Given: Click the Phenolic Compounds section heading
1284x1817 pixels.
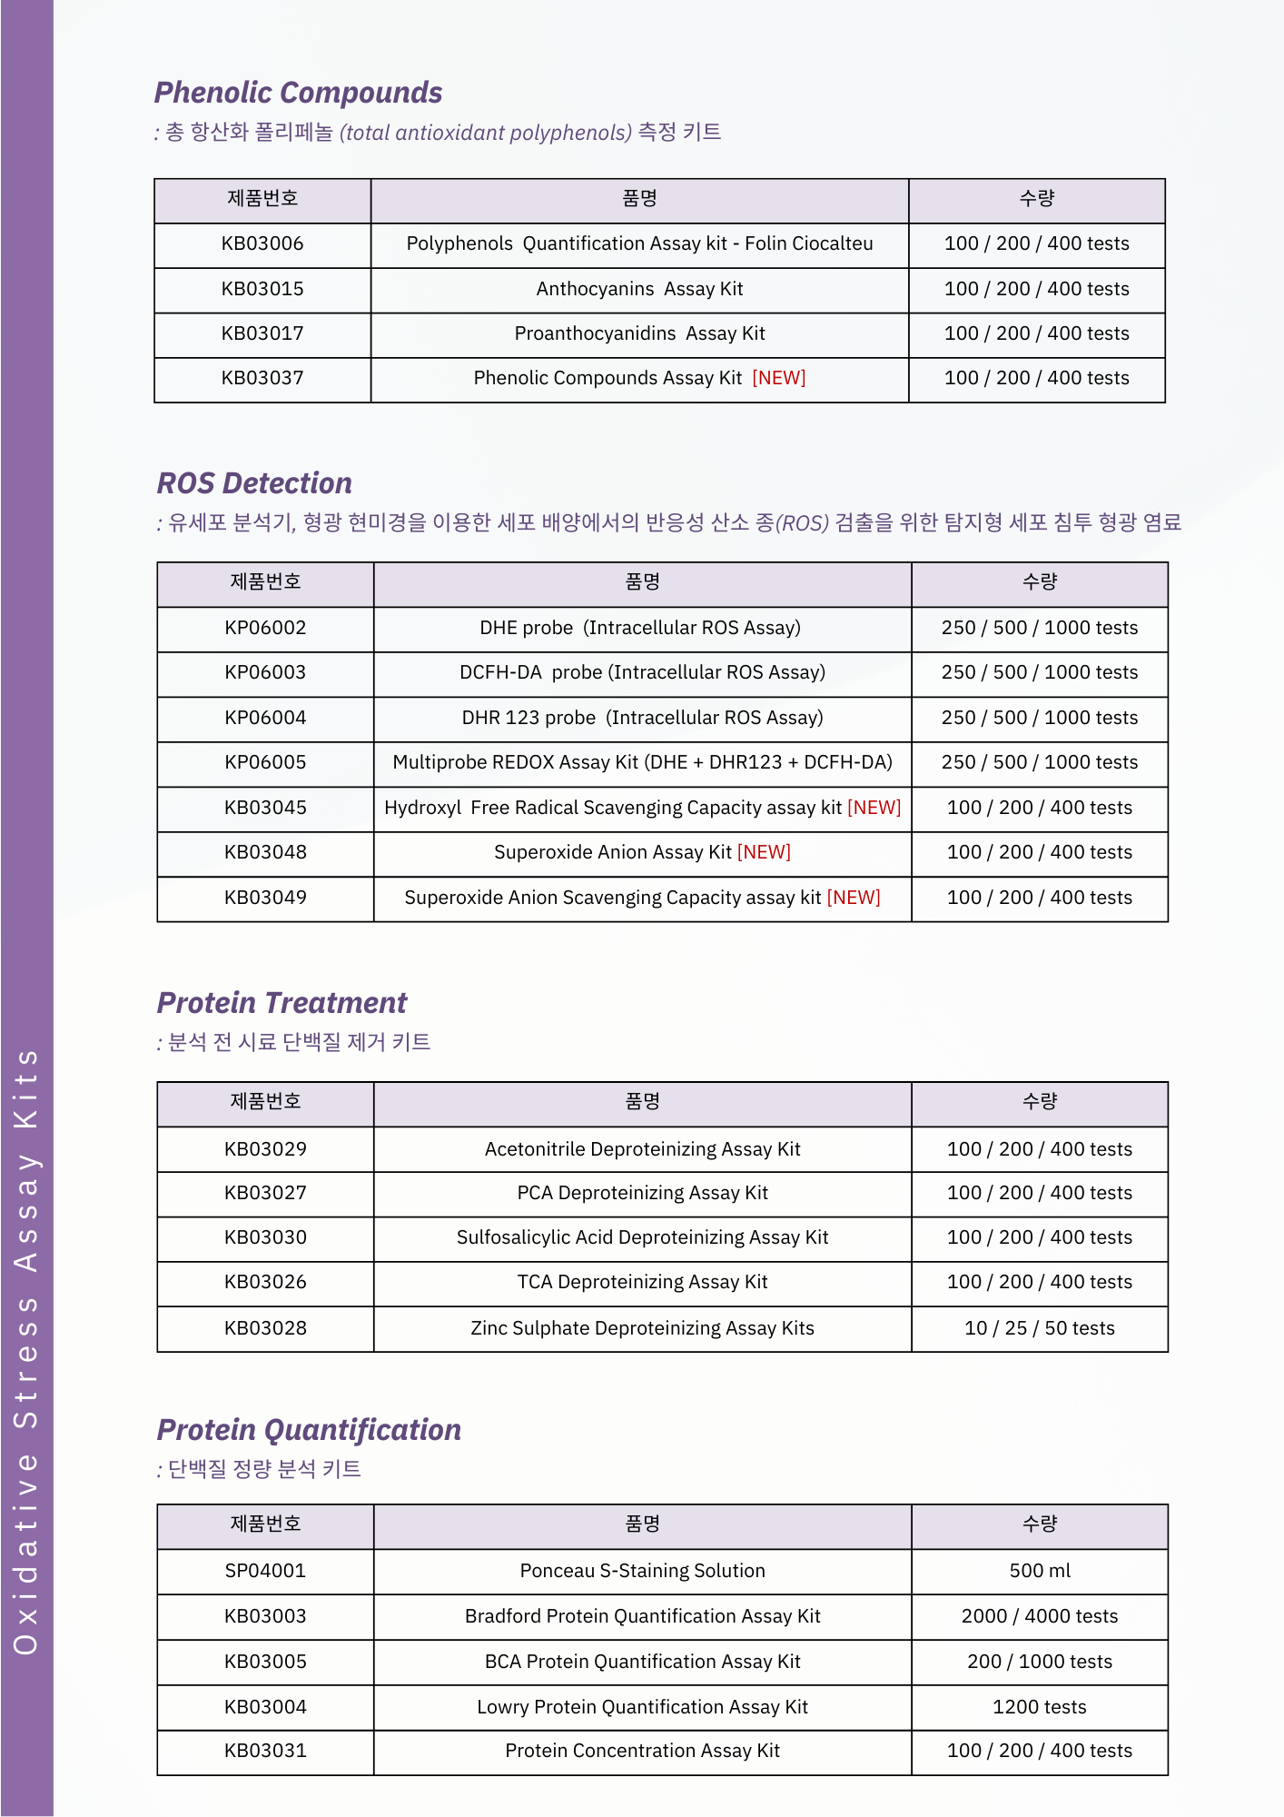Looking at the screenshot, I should [x=298, y=93].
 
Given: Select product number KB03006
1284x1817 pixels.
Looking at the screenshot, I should [x=262, y=243].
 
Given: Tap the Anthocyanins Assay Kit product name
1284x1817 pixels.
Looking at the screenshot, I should [x=639, y=289].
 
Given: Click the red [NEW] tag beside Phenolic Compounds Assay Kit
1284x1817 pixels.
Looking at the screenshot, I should [x=778, y=378].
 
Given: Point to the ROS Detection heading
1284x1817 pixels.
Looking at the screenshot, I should [x=254, y=483].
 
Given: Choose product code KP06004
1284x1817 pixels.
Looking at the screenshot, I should [x=265, y=718].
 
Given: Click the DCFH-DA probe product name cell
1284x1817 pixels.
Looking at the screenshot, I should [x=642, y=672].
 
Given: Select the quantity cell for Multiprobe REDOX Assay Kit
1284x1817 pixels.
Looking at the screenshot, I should [x=1039, y=762].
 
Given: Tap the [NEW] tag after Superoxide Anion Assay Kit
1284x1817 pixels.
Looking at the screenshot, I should [x=764, y=852].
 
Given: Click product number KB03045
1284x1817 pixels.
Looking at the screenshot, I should [x=265, y=808].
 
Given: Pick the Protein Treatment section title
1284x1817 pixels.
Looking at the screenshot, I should [x=281, y=1003].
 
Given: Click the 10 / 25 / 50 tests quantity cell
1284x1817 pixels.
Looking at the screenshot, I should [x=1039, y=1328].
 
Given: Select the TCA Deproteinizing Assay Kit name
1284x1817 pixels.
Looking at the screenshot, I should [x=642, y=1282].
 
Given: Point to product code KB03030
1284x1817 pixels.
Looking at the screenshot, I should [x=265, y=1237].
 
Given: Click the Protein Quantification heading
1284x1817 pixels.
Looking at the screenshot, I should [x=309, y=1430].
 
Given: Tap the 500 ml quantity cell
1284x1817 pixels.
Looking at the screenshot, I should [x=1039, y=1571].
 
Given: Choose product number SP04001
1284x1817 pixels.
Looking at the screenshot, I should [x=265, y=1571].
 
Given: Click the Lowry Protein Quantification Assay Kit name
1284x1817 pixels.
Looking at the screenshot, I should [x=642, y=1707].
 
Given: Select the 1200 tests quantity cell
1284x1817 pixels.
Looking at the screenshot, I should [x=1039, y=1707].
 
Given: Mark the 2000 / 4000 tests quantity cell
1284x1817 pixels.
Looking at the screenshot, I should [x=1039, y=1616].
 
